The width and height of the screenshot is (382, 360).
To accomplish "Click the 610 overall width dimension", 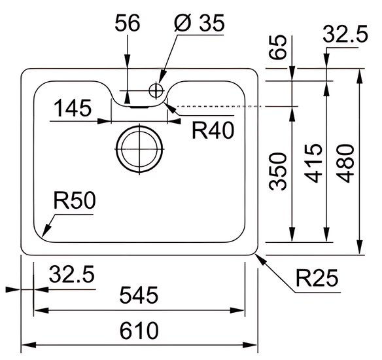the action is (139, 331).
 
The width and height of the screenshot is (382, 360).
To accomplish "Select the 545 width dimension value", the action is (139, 295).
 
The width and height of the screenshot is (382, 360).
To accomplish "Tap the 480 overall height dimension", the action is (345, 163).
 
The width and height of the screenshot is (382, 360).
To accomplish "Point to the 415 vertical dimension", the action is (314, 163).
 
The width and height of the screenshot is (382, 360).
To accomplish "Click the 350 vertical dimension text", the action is (277, 171).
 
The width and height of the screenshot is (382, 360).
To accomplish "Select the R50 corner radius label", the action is (75, 200).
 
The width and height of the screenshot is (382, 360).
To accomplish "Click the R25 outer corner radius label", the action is (317, 278).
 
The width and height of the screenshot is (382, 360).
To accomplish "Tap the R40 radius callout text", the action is (213, 130).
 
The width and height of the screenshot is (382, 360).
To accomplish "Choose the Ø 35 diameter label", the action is (200, 23).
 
